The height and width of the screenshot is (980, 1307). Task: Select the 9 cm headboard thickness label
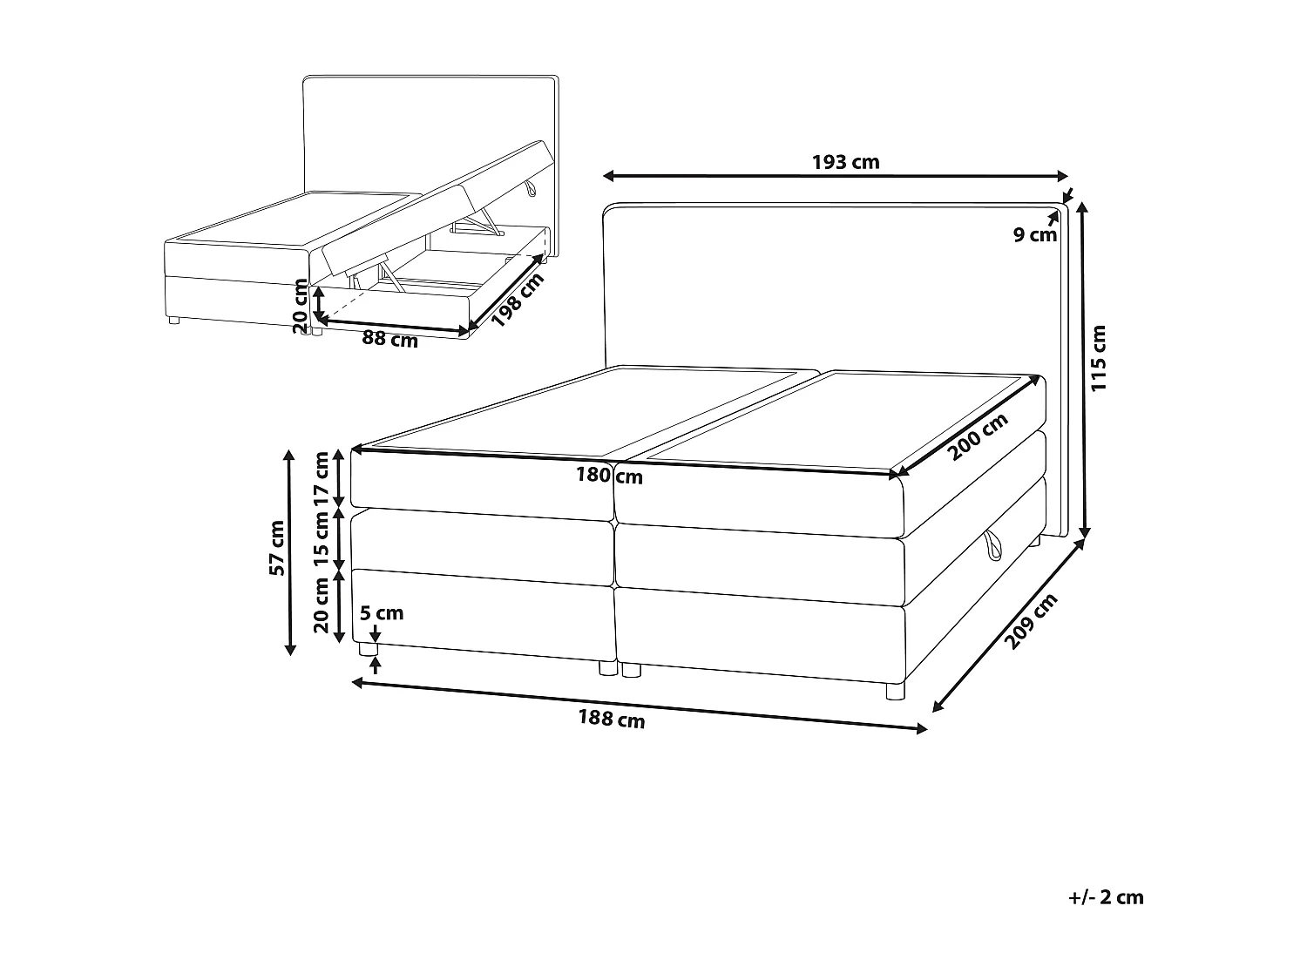pos(1034,234)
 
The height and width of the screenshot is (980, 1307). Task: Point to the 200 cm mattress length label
pos(977,436)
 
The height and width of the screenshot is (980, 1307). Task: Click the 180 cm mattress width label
pos(609,476)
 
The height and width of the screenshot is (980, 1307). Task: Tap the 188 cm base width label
pos(612,720)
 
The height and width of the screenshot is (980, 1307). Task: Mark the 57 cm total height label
pos(277,548)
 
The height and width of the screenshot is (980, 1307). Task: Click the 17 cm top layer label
pos(322,477)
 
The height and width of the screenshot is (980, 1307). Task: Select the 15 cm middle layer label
pos(322,537)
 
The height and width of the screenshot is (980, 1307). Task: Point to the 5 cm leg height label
pos(383,613)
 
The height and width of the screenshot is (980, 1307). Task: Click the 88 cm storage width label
pos(389,340)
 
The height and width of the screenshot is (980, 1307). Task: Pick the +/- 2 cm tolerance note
pos(1105,897)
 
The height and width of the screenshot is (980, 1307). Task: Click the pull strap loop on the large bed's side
pos(992,546)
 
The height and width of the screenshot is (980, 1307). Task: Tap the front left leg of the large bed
pos(369,650)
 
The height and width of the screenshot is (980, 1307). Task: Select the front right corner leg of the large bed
pos(895,692)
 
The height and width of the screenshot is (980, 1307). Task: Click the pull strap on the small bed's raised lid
pos(531,189)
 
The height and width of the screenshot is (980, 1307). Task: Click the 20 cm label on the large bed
pos(322,607)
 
